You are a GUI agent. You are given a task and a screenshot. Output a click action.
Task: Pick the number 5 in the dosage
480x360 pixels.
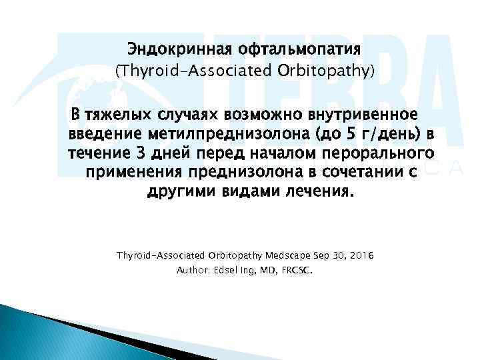coord(345,135)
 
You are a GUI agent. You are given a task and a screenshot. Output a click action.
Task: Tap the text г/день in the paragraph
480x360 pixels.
coord(383,135)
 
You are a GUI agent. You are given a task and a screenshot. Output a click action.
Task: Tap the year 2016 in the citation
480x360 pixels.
coord(360,255)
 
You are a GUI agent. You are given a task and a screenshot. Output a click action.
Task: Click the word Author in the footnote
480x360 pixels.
coord(193,271)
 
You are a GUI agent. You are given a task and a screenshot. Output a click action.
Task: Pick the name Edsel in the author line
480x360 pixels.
coord(230,271)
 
